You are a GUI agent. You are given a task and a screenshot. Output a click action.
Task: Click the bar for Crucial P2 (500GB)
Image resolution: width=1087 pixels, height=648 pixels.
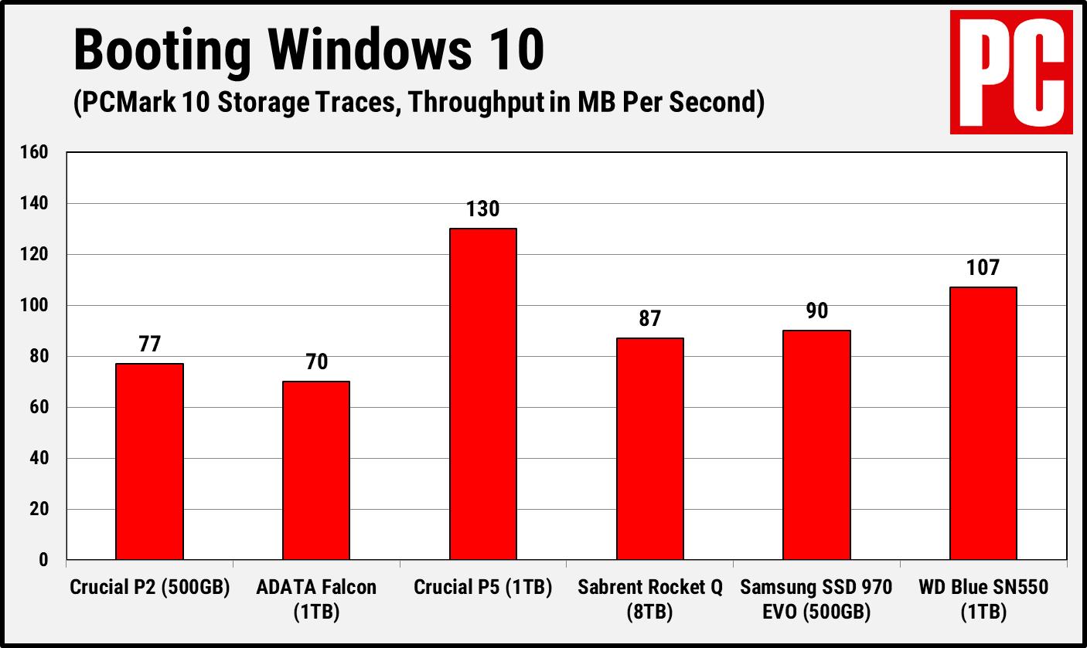click(149, 461)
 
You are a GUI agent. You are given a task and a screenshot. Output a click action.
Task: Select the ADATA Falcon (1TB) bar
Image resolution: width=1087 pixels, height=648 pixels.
click(315, 470)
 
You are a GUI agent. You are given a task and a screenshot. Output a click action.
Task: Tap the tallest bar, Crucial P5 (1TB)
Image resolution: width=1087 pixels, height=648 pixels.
click(482, 394)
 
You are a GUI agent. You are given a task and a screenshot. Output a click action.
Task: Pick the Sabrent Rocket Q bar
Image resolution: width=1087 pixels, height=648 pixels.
click(649, 448)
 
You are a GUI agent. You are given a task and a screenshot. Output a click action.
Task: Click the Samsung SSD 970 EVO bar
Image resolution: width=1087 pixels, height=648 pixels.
click(816, 444)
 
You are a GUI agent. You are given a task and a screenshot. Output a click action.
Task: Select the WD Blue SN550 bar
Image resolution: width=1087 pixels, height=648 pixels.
click(983, 422)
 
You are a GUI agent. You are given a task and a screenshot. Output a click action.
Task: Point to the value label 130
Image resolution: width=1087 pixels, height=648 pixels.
click(482, 209)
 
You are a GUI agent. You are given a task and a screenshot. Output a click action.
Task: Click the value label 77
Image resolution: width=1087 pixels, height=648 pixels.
click(149, 344)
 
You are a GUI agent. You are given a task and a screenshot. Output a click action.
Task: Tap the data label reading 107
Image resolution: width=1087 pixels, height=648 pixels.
click(983, 267)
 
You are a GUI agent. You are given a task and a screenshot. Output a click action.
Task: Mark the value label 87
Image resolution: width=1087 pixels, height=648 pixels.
click(649, 318)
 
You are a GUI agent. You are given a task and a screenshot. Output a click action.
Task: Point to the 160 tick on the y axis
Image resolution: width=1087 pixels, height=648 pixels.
click(34, 153)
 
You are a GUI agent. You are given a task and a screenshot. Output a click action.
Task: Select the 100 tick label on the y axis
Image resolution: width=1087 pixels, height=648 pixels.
click(34, 306)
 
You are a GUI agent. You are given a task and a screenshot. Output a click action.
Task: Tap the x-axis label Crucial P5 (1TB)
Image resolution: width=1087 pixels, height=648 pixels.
click(482, 588)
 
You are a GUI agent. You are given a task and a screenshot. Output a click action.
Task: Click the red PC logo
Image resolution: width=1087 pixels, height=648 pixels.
click(1011, 73)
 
